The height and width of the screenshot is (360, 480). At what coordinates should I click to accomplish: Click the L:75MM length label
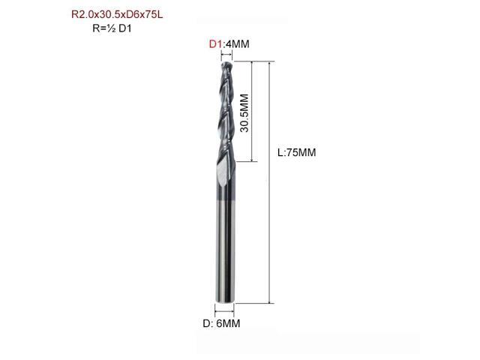[297, 152]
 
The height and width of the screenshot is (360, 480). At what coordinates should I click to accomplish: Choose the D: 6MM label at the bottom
[225, 324]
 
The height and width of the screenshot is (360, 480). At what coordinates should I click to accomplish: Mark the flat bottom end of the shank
[225, 301]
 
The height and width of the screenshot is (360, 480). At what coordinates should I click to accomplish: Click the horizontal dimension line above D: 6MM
[225, 310]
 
